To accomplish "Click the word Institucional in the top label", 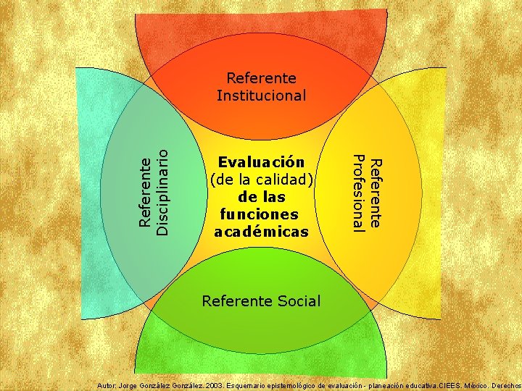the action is [x=262, y=95].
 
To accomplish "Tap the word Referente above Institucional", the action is [x=262, y=77].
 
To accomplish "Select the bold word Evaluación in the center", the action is [x=262, y=161].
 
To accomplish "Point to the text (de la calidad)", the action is [x=262, y=179].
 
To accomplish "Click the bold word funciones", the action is [x=262, y=214].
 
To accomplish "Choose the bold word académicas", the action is [x=262, y=232].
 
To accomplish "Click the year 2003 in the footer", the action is [x=216, y=384].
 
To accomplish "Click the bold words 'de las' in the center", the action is [x=262, y=197].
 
